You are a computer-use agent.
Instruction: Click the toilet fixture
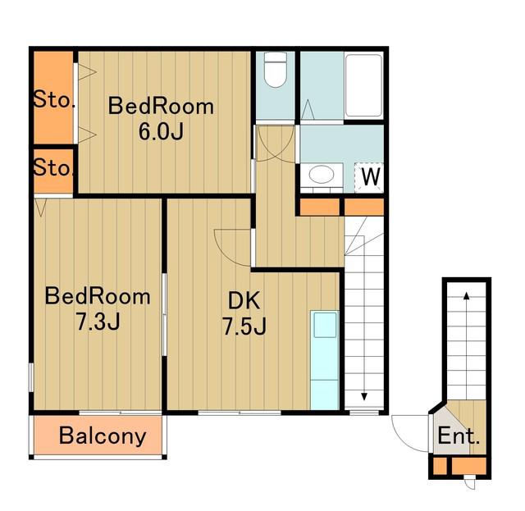276,70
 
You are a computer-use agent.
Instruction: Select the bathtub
363,85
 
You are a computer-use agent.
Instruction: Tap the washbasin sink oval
322,175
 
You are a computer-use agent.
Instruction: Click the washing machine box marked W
369,177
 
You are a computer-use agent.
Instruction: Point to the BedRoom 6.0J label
161,118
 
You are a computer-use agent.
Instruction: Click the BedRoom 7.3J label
98,308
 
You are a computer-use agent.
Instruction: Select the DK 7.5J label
244,313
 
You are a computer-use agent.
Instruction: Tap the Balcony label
103,436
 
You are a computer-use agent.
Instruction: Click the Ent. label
459,436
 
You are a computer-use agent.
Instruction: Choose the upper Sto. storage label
53,99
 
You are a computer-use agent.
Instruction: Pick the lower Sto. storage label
53,167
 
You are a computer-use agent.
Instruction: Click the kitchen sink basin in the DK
325,325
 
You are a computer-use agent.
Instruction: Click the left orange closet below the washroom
320,207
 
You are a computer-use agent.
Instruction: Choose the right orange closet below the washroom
364,207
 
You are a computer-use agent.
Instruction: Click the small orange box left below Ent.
440,466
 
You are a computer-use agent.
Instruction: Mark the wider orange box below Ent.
468,466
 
